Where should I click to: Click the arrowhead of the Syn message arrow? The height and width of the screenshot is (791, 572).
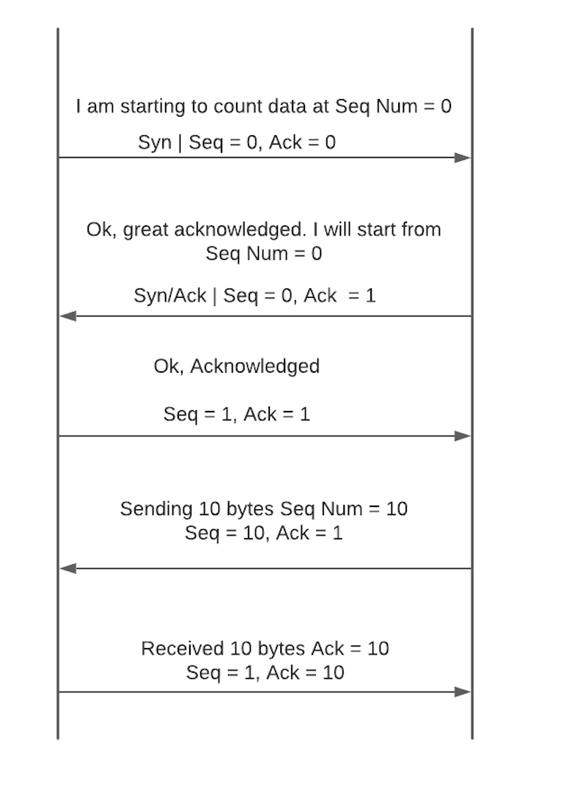click(x=462, y=158)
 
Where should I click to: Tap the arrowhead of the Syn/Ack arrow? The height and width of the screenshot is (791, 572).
click(x=68, y=316)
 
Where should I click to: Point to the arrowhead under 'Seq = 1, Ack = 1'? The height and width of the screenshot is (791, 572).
click(x=462, y=436)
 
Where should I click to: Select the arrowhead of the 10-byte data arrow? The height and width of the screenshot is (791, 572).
click(x=68, y=569)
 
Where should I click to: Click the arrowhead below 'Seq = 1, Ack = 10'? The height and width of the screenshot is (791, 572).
click(x=462, y=692)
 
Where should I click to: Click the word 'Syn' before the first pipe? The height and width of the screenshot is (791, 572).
click(x=155, y=143)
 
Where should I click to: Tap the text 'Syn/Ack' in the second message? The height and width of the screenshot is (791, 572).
click(x=170, y=296)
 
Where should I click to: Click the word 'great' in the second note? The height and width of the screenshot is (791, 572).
click(x=146, y=230)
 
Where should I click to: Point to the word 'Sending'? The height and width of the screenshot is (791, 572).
click(x=156, y=509)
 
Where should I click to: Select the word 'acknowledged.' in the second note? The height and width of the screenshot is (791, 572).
click(x=240, y=230)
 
